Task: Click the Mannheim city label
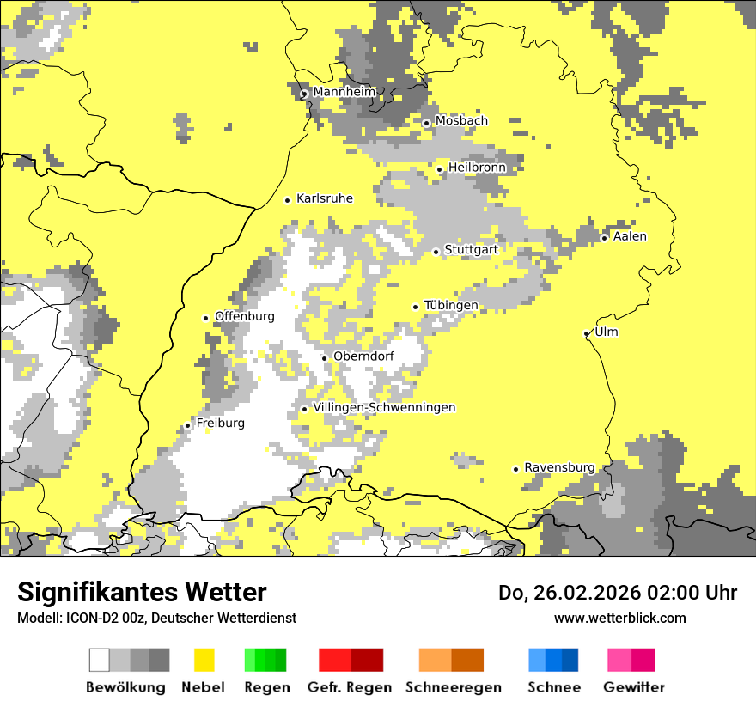(344, 92)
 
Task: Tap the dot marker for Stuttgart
(436, 252)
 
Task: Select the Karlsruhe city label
(325, 198)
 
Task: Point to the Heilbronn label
(478, 168)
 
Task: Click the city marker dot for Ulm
(587, 333)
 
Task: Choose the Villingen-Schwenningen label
(385, 407)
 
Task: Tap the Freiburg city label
(221, 424)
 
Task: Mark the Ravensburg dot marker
(516, 469)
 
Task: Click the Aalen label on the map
(631, 236)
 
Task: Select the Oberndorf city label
(364, 356)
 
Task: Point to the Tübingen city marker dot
(416, 307)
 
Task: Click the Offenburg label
(245, 316)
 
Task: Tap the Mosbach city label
(461, 121)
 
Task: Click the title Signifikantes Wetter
(142, 593)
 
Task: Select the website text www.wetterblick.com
(620, 618)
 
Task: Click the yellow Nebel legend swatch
(204, 660)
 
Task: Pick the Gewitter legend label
(634, 687)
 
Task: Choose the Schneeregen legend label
(454, 687)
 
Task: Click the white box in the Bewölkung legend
(100, 660)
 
